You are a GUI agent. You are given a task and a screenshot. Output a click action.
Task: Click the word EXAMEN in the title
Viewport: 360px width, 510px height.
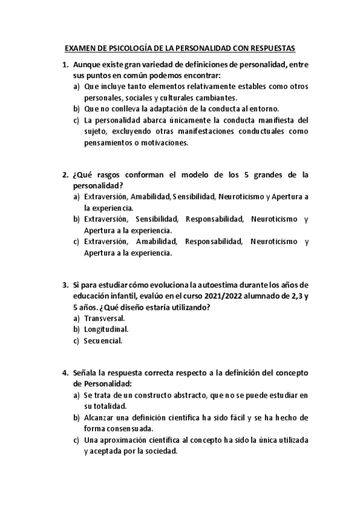79,51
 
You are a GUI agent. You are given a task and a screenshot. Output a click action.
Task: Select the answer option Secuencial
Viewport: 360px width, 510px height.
103,340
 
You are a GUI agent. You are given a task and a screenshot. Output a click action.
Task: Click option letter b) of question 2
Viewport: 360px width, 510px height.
77,220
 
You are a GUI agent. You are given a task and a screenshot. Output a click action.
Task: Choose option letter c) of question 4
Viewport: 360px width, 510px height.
77,440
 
